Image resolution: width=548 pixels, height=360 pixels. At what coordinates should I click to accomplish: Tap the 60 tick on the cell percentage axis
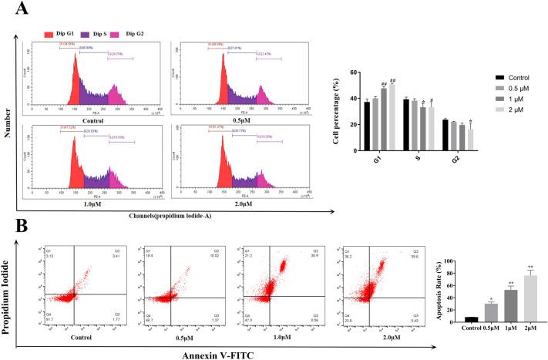(356, 72)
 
